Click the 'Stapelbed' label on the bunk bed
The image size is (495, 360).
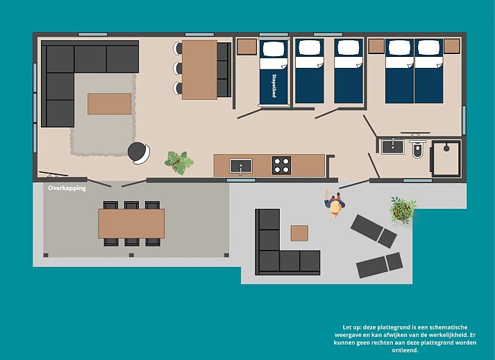coord(274,86)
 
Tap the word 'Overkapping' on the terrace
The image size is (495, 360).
coord(67,188)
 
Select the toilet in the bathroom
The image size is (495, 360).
coord(417,149)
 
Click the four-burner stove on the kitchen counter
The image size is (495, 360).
coord(282,165)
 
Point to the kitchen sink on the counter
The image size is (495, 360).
coord(241,166)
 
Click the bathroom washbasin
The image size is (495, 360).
coord(393,147)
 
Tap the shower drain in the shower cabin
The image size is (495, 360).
coord(446,148)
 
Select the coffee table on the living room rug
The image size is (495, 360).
coord(110,103)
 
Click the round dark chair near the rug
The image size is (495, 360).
coord(139,153)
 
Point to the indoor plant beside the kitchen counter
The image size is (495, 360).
coord(179,162)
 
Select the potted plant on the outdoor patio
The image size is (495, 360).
coord(403,210)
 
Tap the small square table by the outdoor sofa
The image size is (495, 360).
coord(299,233)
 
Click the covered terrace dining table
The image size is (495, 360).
coord(131,223)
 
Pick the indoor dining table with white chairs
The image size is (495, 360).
coord(199,70)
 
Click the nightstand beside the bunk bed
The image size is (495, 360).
coord(247,46)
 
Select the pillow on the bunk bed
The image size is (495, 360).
coord(274,49)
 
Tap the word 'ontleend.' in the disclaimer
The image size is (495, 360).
coord(405,350)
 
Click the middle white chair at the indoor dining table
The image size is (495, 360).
coord(178,68)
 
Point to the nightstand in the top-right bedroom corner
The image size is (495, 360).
coord(452,46)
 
